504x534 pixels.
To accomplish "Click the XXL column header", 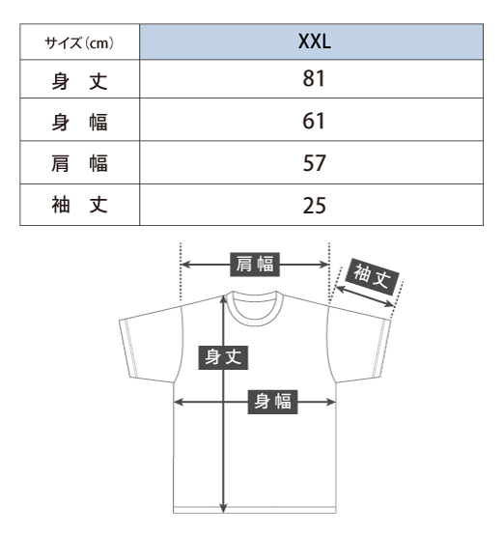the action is point(315,42).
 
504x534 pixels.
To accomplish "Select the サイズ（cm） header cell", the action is point(79,42).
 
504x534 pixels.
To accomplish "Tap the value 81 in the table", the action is point(314,78).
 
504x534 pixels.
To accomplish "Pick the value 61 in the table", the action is point(314,121).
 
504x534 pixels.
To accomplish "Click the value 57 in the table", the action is point(315,163).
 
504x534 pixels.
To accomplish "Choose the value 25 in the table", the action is point(315,206).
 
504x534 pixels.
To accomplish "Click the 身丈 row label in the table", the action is point(80,81).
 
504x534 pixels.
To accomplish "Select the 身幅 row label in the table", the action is point(80,123).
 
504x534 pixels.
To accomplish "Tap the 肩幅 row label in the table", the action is point(80,163).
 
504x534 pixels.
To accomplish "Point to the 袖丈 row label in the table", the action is point(80,205).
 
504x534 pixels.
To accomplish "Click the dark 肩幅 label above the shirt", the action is point(255,265).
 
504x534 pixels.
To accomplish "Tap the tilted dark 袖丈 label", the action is point(372,276).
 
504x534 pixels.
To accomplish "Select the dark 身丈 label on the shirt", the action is point(223,357).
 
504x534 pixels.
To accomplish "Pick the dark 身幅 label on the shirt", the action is point(273,402).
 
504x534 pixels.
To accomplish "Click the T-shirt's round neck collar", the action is point(255,322).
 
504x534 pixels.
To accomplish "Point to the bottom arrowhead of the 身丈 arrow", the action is point(223,509).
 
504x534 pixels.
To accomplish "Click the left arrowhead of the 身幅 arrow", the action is point(178,403).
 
